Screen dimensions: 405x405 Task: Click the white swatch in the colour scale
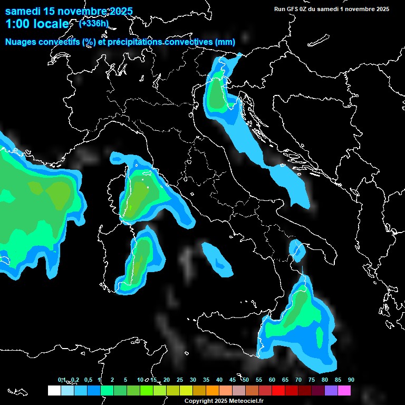pyautogui.click(x=54, y=390)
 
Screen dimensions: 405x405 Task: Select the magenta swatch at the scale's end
pyautogui.click(x=344, y=390)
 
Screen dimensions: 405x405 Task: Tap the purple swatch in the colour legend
pyautogui.click(x=331, y=390)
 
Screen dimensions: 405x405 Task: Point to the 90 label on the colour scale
pyautogui.click(x=351, y=380)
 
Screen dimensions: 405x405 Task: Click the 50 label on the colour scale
pyautogui.click(x=246, y=380)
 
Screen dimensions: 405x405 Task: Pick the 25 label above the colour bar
pyautogui.click(x=180, y=380)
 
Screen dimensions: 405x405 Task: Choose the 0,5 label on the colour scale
pyautogui.click(x=88, y=380)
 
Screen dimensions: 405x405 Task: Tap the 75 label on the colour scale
pyautogui.click(x=312, y=380)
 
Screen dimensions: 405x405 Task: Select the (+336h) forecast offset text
pyautogui.click(x=93, y=23)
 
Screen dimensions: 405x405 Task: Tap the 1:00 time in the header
pyautogui.click(x=17, y=24)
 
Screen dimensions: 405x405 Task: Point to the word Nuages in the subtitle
pyautogui.click(x=22, y=42)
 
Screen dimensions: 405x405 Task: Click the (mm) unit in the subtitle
pyautogui.click(x=225, y=42)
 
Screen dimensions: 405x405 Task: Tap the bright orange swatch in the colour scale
pyautogui.click(x=212, y=390)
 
